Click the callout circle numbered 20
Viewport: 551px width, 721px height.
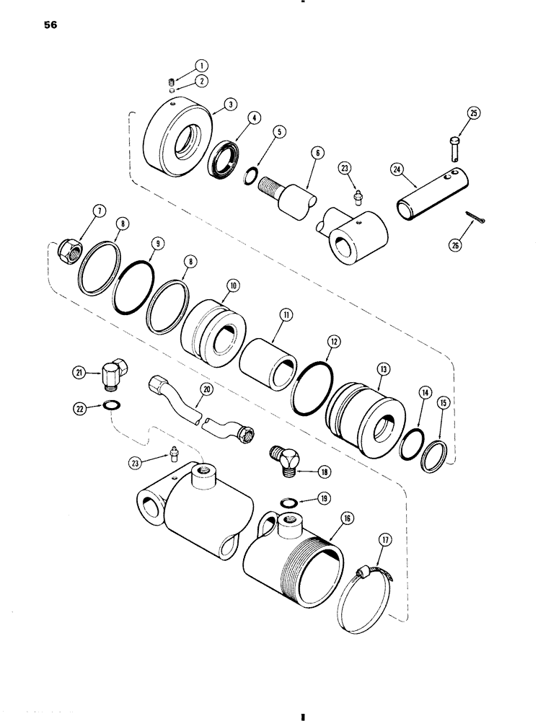[208, 389]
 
